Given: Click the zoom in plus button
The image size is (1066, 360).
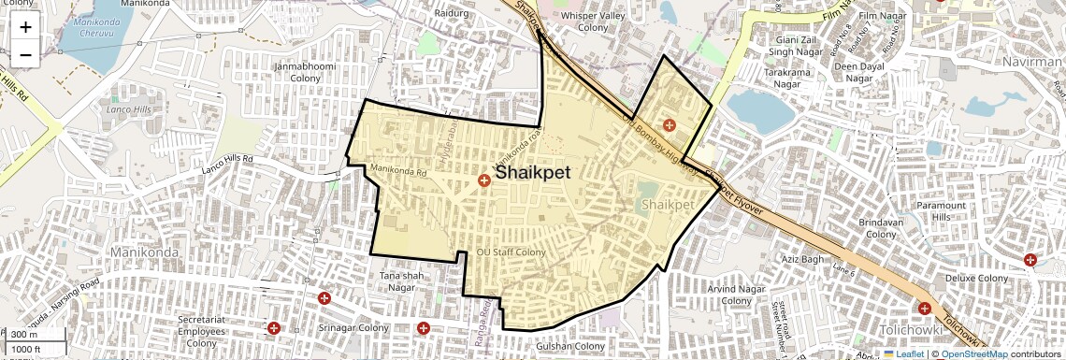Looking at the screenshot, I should coord(25,26).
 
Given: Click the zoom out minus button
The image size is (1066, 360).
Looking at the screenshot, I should coord(25,54).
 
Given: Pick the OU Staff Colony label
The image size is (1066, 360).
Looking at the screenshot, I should coord(511,252).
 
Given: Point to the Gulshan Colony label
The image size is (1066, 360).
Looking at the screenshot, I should coord(570,346).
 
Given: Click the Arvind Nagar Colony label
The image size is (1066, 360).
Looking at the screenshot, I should coord(737,295).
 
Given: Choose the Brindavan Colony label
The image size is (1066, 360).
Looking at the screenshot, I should coord(883,229).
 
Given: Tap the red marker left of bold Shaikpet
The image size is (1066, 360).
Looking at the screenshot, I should coord(484,180).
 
